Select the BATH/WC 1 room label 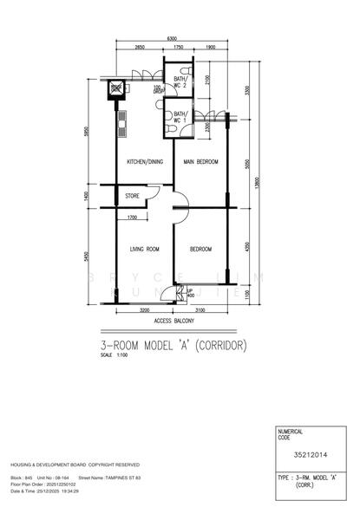coord(180,118)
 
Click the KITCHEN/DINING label coord(144,162)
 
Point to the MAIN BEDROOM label coord(200,162)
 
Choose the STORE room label coord(133,196)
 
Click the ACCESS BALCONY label coord(172,322)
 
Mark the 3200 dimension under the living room coord(144,309)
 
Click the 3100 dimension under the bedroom coord(200,309)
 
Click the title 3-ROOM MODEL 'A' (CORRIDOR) coord(173,345)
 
